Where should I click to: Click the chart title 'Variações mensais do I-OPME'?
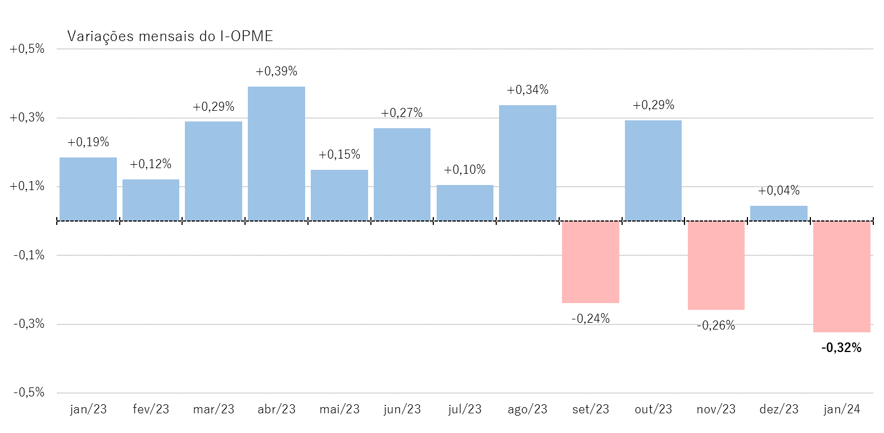pyautogui.click(x=170, y=37)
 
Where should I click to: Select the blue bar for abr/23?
pyautogui.click(x=276, y=154)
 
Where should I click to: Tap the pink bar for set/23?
pyautogui.click(x=590, y=262)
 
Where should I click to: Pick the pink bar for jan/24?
pyautogui.click(x=841, y=277)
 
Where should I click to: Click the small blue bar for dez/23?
pyautogui.click(x=778, y=213)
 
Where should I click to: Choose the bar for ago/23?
pyautogui.click(x=527, y=163)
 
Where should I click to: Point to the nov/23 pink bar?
pyautogui.click(x=716, y=265)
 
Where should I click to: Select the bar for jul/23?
pyautogui.click(x=465, y=203)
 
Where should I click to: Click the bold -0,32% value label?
pyautogui.click(x=841, y=348)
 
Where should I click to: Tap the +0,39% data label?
pyautogui.click(x=276, y=71)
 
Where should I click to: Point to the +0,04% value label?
pyautogui.click(x=778, y=191)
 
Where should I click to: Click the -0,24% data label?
pyautogui.click(x=590, y=319)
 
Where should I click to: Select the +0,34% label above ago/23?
pyautogui.click(x=527, y=90)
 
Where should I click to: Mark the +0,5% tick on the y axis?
pyautogui.click(x=27, y=49)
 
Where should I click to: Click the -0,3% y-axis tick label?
pyautogui.click(x=29, y=324)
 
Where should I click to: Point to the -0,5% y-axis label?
pyautogui.click(x=29, y=393)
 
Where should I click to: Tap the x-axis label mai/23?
pyautogui.click(x=339, y=409)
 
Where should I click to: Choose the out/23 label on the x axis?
pyautogui.click(x=653, y=409)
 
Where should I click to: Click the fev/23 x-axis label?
pyautogui.click(x=151, y=409)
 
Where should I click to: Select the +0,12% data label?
pyautogui.click(x=151, y=164)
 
